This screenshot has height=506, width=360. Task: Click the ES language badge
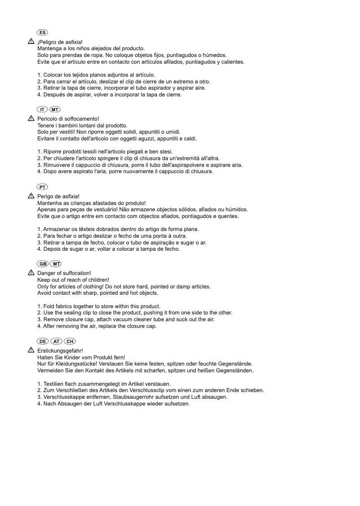[x=43, y=33]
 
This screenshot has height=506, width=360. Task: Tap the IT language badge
[x=43, y=109]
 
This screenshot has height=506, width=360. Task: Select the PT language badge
[x=43, y=187]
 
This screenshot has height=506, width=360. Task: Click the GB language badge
[x=43, y=264]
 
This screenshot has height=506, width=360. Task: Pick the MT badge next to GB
[x=56, y=264]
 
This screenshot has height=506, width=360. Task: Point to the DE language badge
[x=43, y=341]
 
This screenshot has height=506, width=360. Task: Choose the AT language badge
[x=57, y=341]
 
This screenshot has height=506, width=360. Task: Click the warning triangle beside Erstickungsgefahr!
[x=31, y=350]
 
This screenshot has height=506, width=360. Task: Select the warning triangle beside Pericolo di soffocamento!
[x=31, y=118]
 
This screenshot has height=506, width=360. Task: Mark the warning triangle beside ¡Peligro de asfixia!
[x=31, y=41]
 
